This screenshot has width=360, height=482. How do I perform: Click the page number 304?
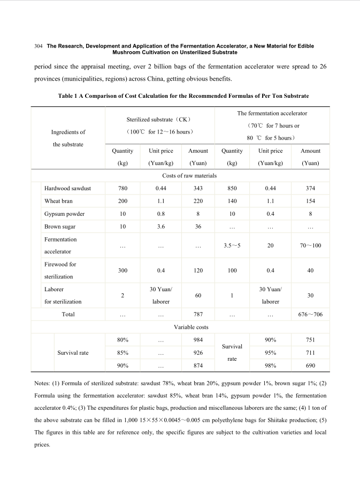(x=38, y=46)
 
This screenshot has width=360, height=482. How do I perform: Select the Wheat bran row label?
(x=58, y=201)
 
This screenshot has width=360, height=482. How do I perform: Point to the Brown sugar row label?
(x=60, y=227)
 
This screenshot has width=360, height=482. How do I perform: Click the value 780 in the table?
(x=122, y=188)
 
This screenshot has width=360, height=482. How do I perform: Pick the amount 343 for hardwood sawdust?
(x=198, y=188)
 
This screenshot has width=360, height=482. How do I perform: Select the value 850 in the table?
(x=232, y=188)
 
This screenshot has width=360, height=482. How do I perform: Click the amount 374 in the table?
(x=310, y=188)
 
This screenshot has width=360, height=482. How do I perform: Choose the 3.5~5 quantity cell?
(x=232, y=245)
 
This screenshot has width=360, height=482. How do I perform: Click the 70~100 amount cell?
(x=310, y=245)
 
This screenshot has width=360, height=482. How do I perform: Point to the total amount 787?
(x=198, y=314)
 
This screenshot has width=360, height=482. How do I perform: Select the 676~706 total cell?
(x=310, y=314)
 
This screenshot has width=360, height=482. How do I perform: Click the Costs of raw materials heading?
(x=189, y=175)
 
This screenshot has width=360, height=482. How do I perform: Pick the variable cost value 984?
(x=198, y=340)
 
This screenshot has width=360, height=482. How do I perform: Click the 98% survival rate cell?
(x=270, y=366)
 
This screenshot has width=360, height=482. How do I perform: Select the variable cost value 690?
(x=310, y=366)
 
